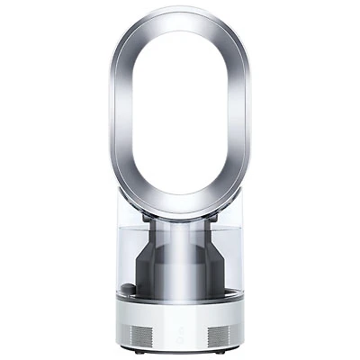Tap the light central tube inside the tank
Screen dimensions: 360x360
click(x=180, y=261)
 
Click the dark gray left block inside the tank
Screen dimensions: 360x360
click(x=150, y=270)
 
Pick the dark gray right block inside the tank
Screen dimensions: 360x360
click(x=210, y=270)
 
